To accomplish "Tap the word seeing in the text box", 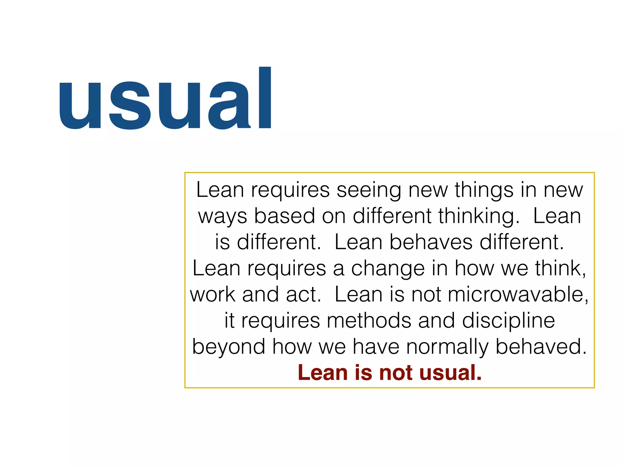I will pyautogui.click(x=369, y=190).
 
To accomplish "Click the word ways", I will pyautogui.click(x=222, y=216).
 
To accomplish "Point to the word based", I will pyautogui.click(x=284, y=216).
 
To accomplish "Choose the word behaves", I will pyautogui.click(x=431, y=242).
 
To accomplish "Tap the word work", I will pyautogui.click(x=213, y=295).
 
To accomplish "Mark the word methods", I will pyautogui.click(x=369, y=321).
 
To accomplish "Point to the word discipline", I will pyautogui.click(x=508, y=321).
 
